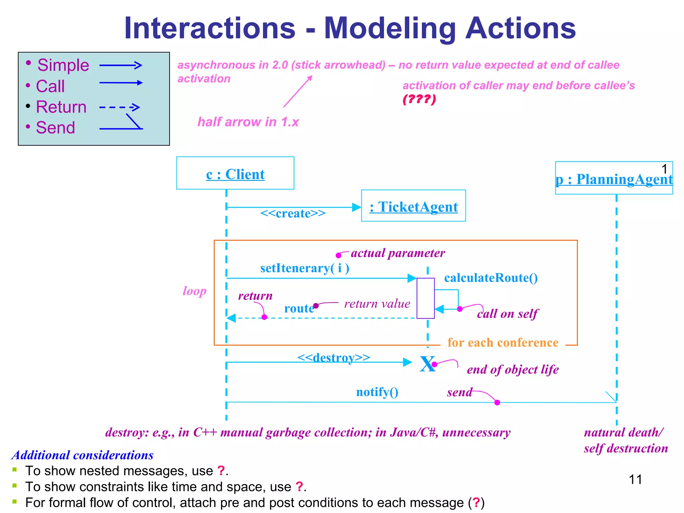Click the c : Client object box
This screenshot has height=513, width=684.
point(235,173)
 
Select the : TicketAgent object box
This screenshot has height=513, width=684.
point(413,206)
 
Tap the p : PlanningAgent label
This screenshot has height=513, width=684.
point(614,179)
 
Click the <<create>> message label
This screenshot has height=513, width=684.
point(293,213)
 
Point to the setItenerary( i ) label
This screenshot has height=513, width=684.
point(305,268)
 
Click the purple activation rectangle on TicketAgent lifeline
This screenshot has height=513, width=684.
point(425,298)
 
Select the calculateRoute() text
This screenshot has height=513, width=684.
point(491,278)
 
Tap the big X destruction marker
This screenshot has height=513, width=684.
point(427,364)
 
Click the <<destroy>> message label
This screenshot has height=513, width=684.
point(334,357)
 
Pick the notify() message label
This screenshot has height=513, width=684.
point(377,392)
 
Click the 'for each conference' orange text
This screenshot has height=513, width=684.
point(503,343)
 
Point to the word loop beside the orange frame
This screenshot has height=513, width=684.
point(194,291)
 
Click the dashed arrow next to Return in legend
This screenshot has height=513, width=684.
point(120,107)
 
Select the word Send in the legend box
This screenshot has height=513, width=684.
point(55,128)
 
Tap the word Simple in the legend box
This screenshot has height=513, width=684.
point(63,65)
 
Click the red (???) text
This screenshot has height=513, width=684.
point(419,99)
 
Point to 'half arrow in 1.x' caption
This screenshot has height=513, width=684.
point(248,122)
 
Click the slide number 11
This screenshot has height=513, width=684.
point(635,480)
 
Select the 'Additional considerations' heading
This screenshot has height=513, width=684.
point(82,455)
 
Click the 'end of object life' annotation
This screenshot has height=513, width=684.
point(513,369)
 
